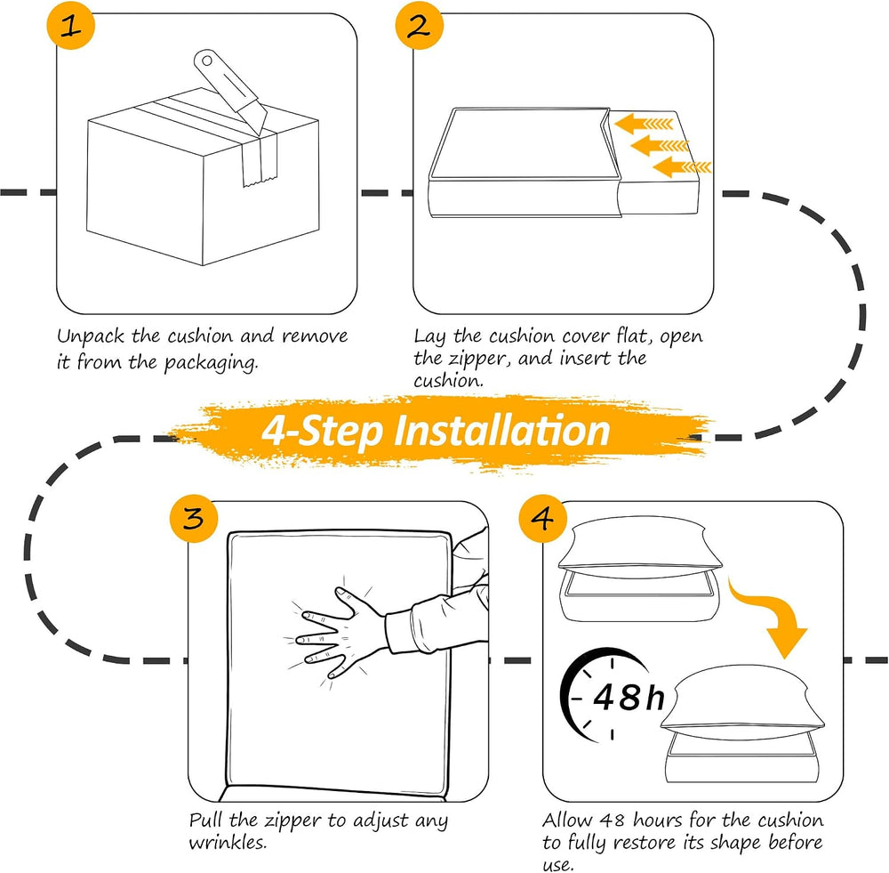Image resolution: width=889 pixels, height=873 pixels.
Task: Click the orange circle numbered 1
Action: tap(71, 26)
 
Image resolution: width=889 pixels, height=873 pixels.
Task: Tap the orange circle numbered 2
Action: tap(420, 26)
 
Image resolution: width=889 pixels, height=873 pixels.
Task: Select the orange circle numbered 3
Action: tap(194, 518)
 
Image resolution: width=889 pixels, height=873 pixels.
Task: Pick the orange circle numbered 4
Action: tap(543, 518)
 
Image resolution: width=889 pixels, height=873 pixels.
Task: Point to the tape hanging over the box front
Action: tap(259, 161)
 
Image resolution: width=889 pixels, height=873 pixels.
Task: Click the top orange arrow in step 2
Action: tap(644, 123)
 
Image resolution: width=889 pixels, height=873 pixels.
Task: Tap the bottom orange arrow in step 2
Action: tap(682, 167)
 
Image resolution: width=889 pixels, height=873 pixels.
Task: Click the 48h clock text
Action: tap(629, 697)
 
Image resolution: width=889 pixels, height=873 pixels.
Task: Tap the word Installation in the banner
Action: tap(501, 430)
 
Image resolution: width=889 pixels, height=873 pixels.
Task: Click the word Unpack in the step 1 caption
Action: tap(91, 336)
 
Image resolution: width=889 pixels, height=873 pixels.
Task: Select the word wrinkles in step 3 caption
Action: tap(228, 843)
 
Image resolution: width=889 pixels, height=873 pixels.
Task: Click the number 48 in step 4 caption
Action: tap(612, 820)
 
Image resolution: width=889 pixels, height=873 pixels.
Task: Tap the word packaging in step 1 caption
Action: tap(211, 362)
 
